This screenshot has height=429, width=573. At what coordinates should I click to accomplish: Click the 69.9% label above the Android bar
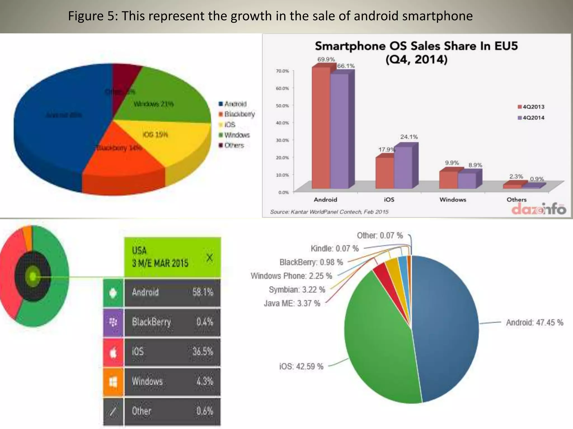326,59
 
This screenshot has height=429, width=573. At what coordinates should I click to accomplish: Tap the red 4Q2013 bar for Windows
448,180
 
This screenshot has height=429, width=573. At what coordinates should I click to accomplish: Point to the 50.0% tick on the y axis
282,106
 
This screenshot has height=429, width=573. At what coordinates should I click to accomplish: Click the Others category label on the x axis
516,199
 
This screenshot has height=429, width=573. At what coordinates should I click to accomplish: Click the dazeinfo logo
539,209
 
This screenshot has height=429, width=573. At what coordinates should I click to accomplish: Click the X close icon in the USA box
210,257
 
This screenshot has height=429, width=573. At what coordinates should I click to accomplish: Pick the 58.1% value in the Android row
203,292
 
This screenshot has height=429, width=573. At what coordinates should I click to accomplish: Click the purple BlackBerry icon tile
113,322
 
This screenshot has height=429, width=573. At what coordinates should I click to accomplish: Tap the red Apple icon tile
113,352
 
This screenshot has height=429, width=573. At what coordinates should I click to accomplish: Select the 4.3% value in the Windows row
205,381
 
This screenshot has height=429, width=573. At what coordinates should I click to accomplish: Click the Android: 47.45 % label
534,323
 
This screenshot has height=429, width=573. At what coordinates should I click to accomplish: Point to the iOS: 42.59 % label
301,366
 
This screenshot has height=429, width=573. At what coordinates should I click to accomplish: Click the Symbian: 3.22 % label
297,290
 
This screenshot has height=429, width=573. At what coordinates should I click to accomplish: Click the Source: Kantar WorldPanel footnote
329,212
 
